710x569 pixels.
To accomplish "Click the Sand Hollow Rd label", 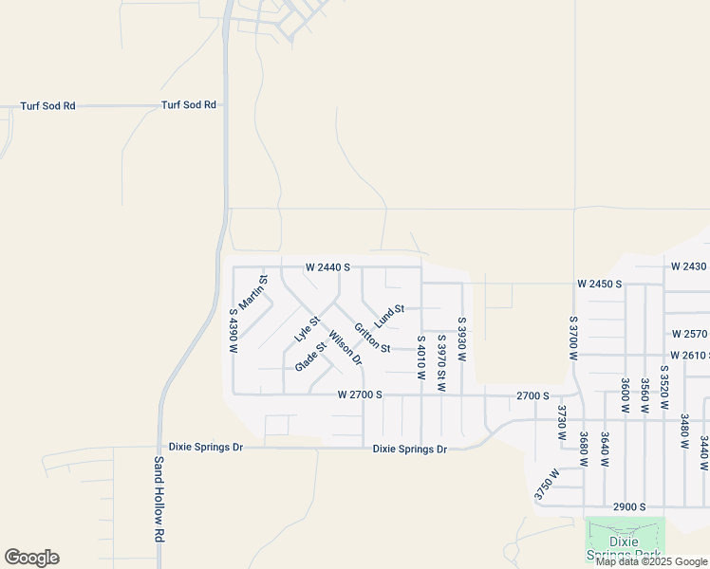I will pyautogui.click(x=159, y=500).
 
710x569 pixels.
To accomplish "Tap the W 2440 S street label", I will pyautogui.click(x=327, y=268).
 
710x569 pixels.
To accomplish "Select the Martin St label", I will pyautogui.click(x=253, y=292).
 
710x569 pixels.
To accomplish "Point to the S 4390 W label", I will pyautogui.click(x=233, y=330).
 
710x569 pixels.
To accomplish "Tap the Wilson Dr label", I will pyautogui.click(x=345, y=347).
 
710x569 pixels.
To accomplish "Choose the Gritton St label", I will pyautogui.click(x=372, y=338).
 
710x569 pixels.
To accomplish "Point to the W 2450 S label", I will pyautogui.click(x=599, y=284).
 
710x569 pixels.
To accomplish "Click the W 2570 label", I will pyautogui.click(x=690, y=334).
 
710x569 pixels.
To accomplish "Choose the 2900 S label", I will pyautogui.click(x=629, y=507).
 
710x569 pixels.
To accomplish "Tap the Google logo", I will pyautogui.click(x=31, y=558).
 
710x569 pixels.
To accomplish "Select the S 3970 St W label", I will pyautogui.click(x=441, y=362).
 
